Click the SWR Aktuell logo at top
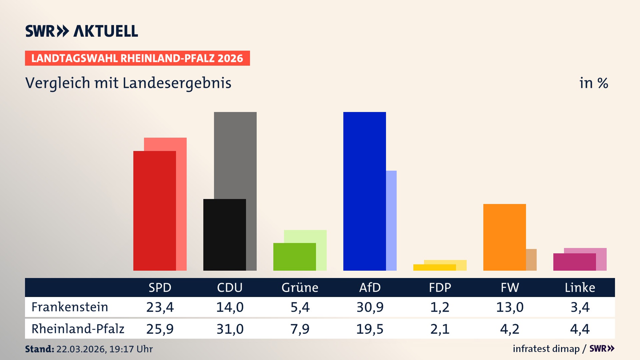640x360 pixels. pyautogui.click(x=82, y=31)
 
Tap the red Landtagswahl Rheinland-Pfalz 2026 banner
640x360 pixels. pyautogui.click(x=137, y=58)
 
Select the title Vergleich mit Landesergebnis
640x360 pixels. pyautogui.click(x=128, y=83)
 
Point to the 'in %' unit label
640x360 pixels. pyautogui.click(x=593, y=83)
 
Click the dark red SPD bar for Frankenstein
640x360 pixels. pyautogui.click(x=154, y=211)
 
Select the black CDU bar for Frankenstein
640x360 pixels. pyautogui.click(x=224, y=235)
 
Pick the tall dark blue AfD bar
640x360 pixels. pyautogui.click(x=364, y=191)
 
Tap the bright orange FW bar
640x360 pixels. pyautogui.click(x=504, y=237)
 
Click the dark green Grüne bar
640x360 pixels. pyautogui.click(x=294, y=257)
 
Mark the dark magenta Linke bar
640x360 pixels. pyautogui.click(x=574, y=262)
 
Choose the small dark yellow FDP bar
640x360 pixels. pyautogui.click(x=434, y=267)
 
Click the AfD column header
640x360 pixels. pyautogui.click(x=370, y=288)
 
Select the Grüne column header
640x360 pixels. pyautogui.click(x=300, y=288)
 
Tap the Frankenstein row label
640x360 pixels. pyautogui.click(x=70, y=307)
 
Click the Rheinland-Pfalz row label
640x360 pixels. pyautogui.click(x=78, y=329)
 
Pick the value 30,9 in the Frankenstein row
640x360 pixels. pyautogui.click(x=370, y=307)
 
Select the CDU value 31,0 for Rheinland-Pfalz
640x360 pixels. pyautogui.click(x=230, y=329)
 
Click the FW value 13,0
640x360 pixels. pyautogui.click(x=510, y=307)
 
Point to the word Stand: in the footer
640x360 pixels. pyautogui.click(x=39, y=349)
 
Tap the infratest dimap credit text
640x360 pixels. pyautogui.click(x=546, y=349)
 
